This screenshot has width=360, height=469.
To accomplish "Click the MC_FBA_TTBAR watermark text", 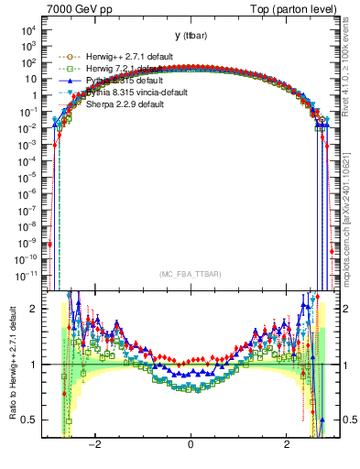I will point(190,275).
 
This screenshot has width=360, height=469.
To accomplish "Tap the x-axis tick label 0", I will point(190,444).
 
